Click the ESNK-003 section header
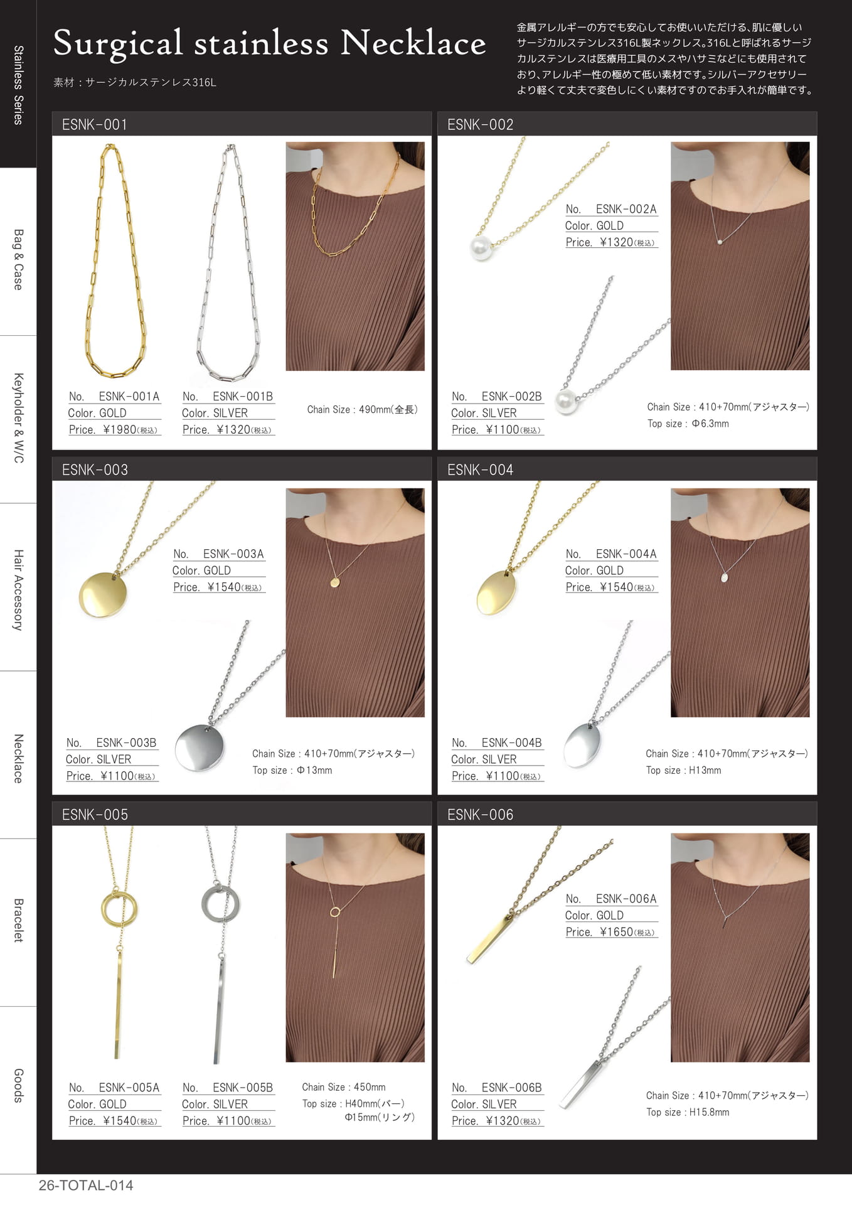pos(95,469)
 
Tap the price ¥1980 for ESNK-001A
pos(119,429)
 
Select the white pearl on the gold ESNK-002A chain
pos(481,248)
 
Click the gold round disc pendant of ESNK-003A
pos(103,594)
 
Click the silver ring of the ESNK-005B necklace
pos(220,903)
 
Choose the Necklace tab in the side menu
pos(18,758)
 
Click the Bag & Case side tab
pos(18,259)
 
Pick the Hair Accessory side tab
pos(18,590)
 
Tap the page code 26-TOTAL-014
pos(86,1186)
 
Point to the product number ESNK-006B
pos(511,1087)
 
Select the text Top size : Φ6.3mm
pos(688,424)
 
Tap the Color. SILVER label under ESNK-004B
pos(484,759)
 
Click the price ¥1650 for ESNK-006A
pos(616,932)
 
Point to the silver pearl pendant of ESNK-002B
pos(567,400)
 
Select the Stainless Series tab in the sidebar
pos(18,85)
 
